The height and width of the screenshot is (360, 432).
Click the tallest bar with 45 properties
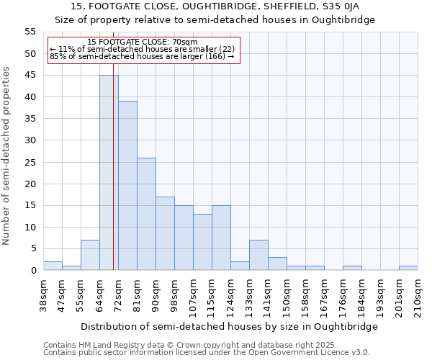(x=109, y=173)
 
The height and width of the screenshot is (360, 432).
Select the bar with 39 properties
(x=127, y=186)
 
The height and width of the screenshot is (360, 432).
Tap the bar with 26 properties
(x=146, y=214)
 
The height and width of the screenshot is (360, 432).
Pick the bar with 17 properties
(x=165, y=233)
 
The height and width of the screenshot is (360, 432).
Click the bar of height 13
(x=202, y=242)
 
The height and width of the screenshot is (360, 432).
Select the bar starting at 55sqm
(x=90, y=255)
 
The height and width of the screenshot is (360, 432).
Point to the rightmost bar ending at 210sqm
(x=408, y=268)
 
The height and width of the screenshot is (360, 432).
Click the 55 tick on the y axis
(x=30, y=32)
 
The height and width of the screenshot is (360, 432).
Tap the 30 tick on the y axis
(x=30, y=140)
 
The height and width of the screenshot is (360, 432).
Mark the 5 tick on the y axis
(x=33, y=248)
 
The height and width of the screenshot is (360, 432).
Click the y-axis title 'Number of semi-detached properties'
(x=7, y=156)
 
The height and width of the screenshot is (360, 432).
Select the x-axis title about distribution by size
(x=228, y=326)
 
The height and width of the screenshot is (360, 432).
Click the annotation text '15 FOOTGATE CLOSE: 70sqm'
(x=142, y=42)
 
